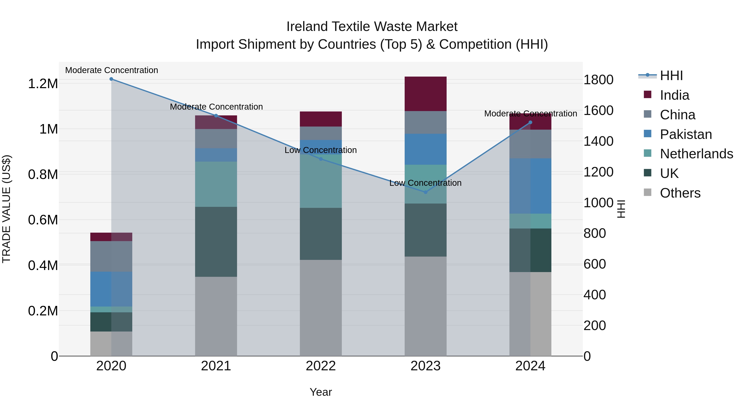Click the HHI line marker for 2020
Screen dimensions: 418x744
pos(111,79)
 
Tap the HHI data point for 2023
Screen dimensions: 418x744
pos(426,192)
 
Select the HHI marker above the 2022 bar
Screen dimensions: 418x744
pos(321,159)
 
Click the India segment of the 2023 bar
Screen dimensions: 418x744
pos(426,94)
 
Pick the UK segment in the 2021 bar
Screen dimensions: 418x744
pos(216,242)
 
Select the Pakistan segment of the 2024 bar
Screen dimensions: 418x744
pos(530,186)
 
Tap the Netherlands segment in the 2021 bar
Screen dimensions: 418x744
pos(216,184)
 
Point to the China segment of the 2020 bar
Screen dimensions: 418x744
pos(111,256)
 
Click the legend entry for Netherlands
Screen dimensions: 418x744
pos(696,154)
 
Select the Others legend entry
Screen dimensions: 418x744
pos(680,193)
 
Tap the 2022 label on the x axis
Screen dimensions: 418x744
pos(321,366)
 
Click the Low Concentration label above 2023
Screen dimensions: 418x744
pos(426,183)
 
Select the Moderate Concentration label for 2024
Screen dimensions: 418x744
pos(530,114)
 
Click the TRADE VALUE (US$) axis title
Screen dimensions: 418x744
pos(6,209)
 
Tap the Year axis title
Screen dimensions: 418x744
pos(321,392)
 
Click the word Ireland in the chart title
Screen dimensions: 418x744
pos(307,27)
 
